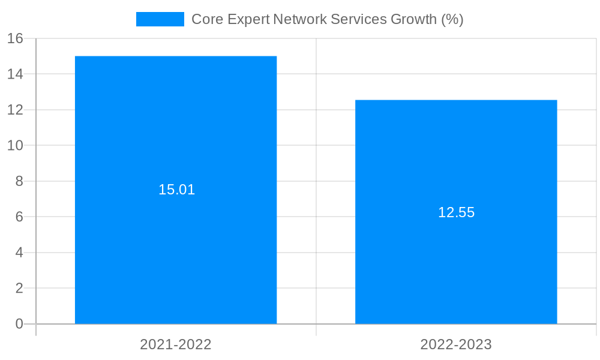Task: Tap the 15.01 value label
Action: coord(176,190)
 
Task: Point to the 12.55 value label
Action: coord(456,212)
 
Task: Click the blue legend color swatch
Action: coord(160,19)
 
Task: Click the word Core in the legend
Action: coord(205,19)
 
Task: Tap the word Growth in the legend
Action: coord(413,19)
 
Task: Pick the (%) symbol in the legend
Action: coord(452,19)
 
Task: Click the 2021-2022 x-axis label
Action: coord(176,344)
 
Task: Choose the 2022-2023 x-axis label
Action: coord(456,344)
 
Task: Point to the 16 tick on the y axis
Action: coord(15,38)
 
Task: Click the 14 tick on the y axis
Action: coord(15,74)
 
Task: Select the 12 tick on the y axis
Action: coord(15,110)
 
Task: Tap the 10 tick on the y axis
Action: coord(15,145)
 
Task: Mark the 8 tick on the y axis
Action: coord(19,181)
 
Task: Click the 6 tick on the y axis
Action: coord(19,217)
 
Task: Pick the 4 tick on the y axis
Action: coord(19,253)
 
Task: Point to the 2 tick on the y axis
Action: coord(19,288)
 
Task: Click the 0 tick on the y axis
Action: coord(19,324)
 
